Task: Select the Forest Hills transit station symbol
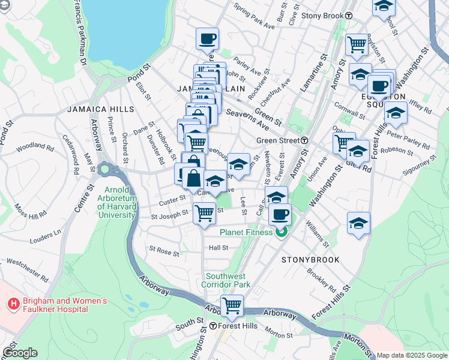[212, 326]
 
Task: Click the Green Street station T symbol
[304, 140]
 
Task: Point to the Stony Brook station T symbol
[348, 16]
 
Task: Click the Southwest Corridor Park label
[226, 280]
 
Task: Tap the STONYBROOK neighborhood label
[310, 260]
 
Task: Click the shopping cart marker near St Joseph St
[205, 212]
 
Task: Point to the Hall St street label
[218, 247]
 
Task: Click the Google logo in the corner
[20, 353]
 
